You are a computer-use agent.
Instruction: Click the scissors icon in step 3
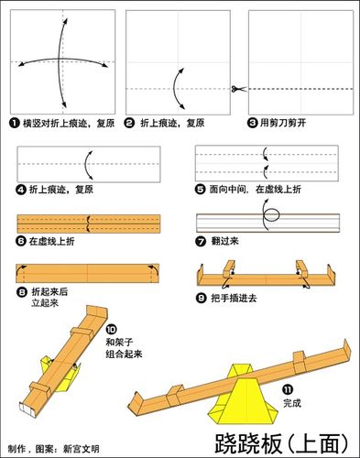tap(236, 89)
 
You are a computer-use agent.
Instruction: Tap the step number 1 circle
tap(15, 122)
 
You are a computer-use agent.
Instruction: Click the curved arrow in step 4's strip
tap(87, 166)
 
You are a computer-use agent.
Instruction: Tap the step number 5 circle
tap(201, 189)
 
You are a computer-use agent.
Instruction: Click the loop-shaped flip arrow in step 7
tap(270, 221)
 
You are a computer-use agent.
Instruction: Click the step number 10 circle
tap(111, 329)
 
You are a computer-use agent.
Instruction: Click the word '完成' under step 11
tap(292, 402)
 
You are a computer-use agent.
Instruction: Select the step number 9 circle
tap(201, 299)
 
